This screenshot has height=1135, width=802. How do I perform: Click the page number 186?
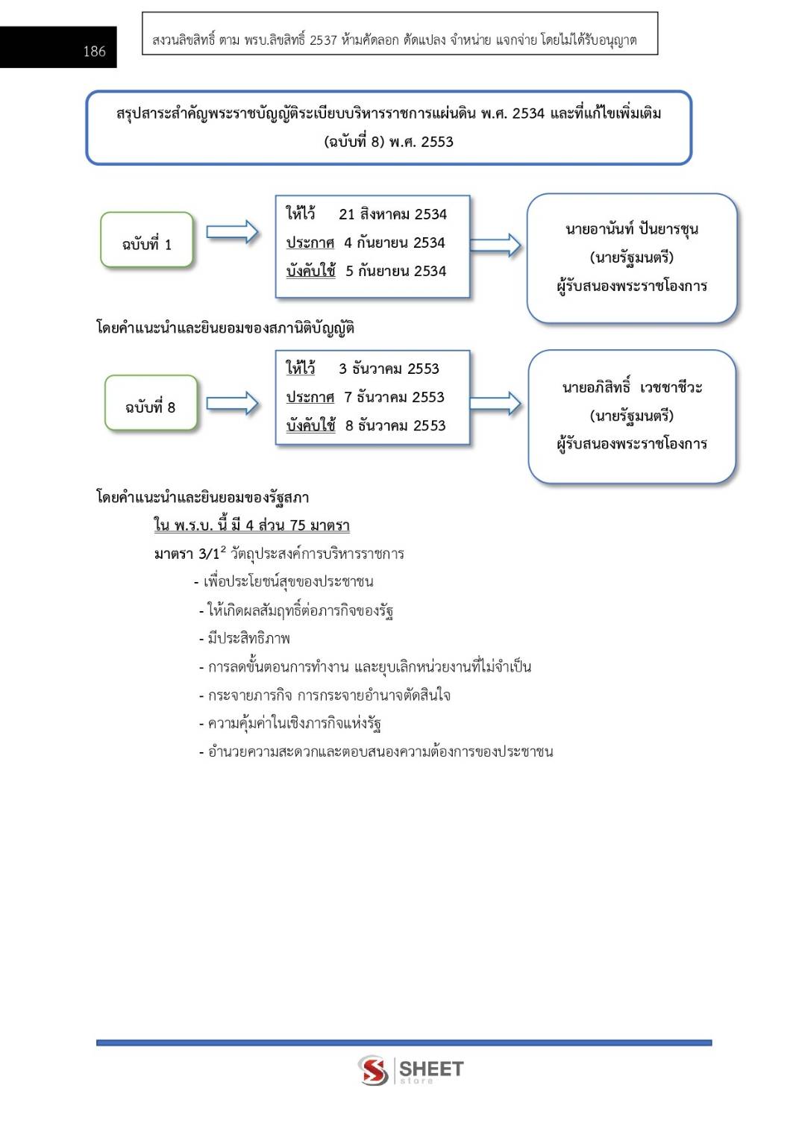pyautogui.click(x=94, y=51)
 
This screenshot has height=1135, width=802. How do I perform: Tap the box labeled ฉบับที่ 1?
pyautogui.click(x=147, y=240)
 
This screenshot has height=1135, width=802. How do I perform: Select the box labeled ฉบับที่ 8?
pyautogui.click(x=151, y=404)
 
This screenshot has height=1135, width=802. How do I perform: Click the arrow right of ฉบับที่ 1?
pyautogui.click(x=232, y=233)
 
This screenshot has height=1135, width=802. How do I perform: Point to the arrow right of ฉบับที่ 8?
pyautogui.click(x=232, y=404)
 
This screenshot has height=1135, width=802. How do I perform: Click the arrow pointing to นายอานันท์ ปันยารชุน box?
pyautogui.click(x=495, y=245)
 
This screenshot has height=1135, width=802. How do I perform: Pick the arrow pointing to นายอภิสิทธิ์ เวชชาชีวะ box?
pyautogui.click(x=495, y=403)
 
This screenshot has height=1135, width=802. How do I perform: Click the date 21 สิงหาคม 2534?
pyautogui.click(x=392, y=215)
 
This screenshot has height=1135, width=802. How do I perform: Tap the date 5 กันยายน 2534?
pyautogui.click(x=395, y=272)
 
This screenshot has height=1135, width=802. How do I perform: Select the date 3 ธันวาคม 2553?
pyautogui.click(x=389, y=369)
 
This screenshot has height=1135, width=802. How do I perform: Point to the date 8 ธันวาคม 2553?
pyautogui.click(x=395, y=426)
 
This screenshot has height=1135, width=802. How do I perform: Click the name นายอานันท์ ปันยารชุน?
pyautogui.click(x=631, y=229)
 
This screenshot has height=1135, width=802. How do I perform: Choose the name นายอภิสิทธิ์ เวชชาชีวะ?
pyautogui.click(x=631, y=387)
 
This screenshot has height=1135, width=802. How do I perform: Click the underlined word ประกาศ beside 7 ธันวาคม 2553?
pyautogui.click(x=310, y=398)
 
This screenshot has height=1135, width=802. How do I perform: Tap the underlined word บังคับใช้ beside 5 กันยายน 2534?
pyautogui.click(x=311, y=272)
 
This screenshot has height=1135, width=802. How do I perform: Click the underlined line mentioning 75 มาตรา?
pyautogui.click(x=251, y=525)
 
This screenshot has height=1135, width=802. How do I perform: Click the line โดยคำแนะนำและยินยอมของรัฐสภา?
pyautogui.click(x=202, y=498)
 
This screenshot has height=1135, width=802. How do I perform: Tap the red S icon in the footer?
pyautogui.click(x=373, y=1070)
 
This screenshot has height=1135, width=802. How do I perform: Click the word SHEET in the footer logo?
pyautogui.click(x=431, y=1069)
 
